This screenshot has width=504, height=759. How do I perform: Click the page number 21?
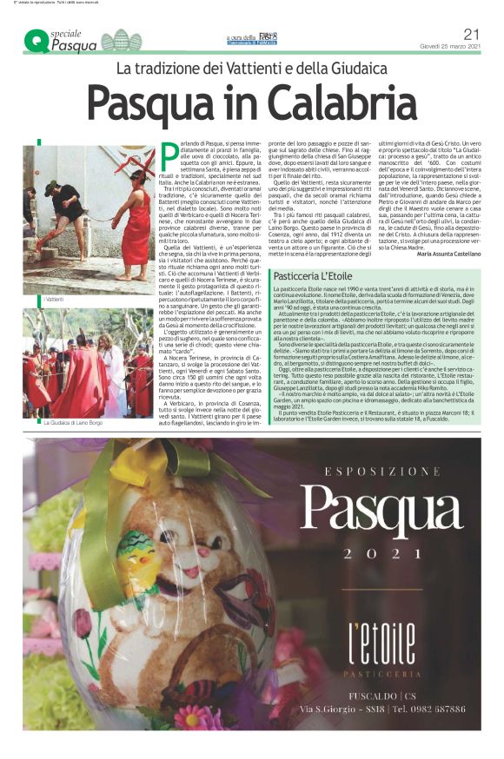(x=472, y=34)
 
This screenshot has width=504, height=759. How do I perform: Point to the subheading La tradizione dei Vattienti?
(x=251, y=68)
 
